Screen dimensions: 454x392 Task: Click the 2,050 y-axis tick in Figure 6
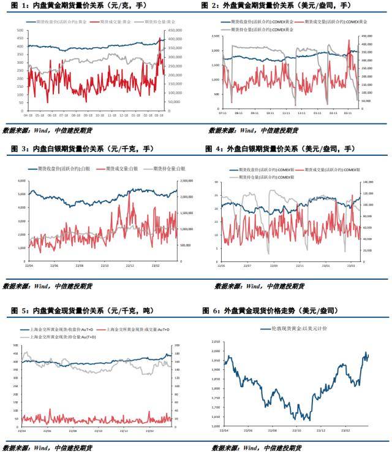coord(216,340)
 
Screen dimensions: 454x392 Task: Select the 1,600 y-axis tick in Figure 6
coord(216,426)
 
